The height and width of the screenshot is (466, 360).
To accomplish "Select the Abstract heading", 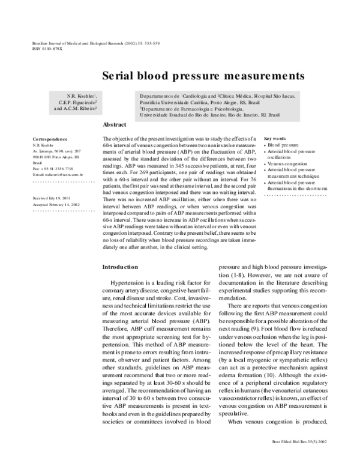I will tap(115, 124).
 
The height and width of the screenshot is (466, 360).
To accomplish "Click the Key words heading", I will tap(275, 138).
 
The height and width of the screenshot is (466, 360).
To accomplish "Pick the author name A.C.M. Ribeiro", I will tap(75, 109).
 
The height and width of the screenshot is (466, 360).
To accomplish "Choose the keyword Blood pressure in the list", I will tap(282, 145).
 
